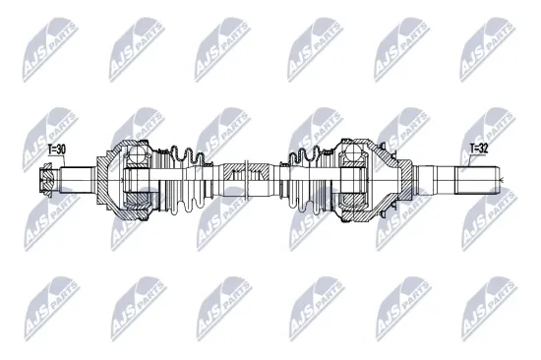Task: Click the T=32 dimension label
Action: [x=477, y=149]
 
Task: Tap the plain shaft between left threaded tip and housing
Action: [x=79, y=182]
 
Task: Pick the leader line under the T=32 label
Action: [x=471, y=161]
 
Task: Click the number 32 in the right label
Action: [x=482, y=149]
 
